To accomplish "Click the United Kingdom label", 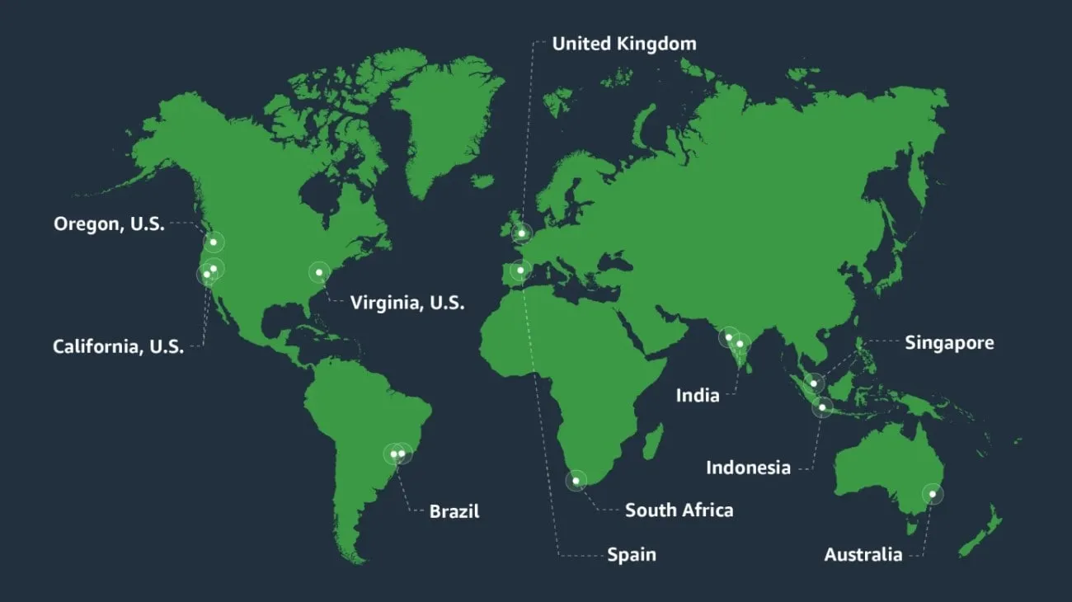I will click(x=623, y=43).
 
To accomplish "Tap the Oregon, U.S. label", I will click(x=109, y=223).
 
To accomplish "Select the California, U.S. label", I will click(x=118, y=346).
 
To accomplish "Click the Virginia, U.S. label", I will click(x=407, y=303).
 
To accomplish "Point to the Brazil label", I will click(x=454, y=511).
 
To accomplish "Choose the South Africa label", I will click(x=679, y=510).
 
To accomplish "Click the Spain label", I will click(x=632, y=554).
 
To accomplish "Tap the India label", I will click(x=698, y=395).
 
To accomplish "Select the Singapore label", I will click(x=949, y=342).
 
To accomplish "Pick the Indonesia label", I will click(x=748, y=468).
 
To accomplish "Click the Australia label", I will click(x=863, y=554).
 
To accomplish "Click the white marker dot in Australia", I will click(x=933, y=494).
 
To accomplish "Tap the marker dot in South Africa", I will click(x=576, y=480).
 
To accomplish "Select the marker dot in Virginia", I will click(x=318, y=271).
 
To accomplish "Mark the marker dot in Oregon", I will click(x=214, y=242).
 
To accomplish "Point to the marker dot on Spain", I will click(x=520, y=270).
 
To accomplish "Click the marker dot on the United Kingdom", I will click(x=521, y=233).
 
